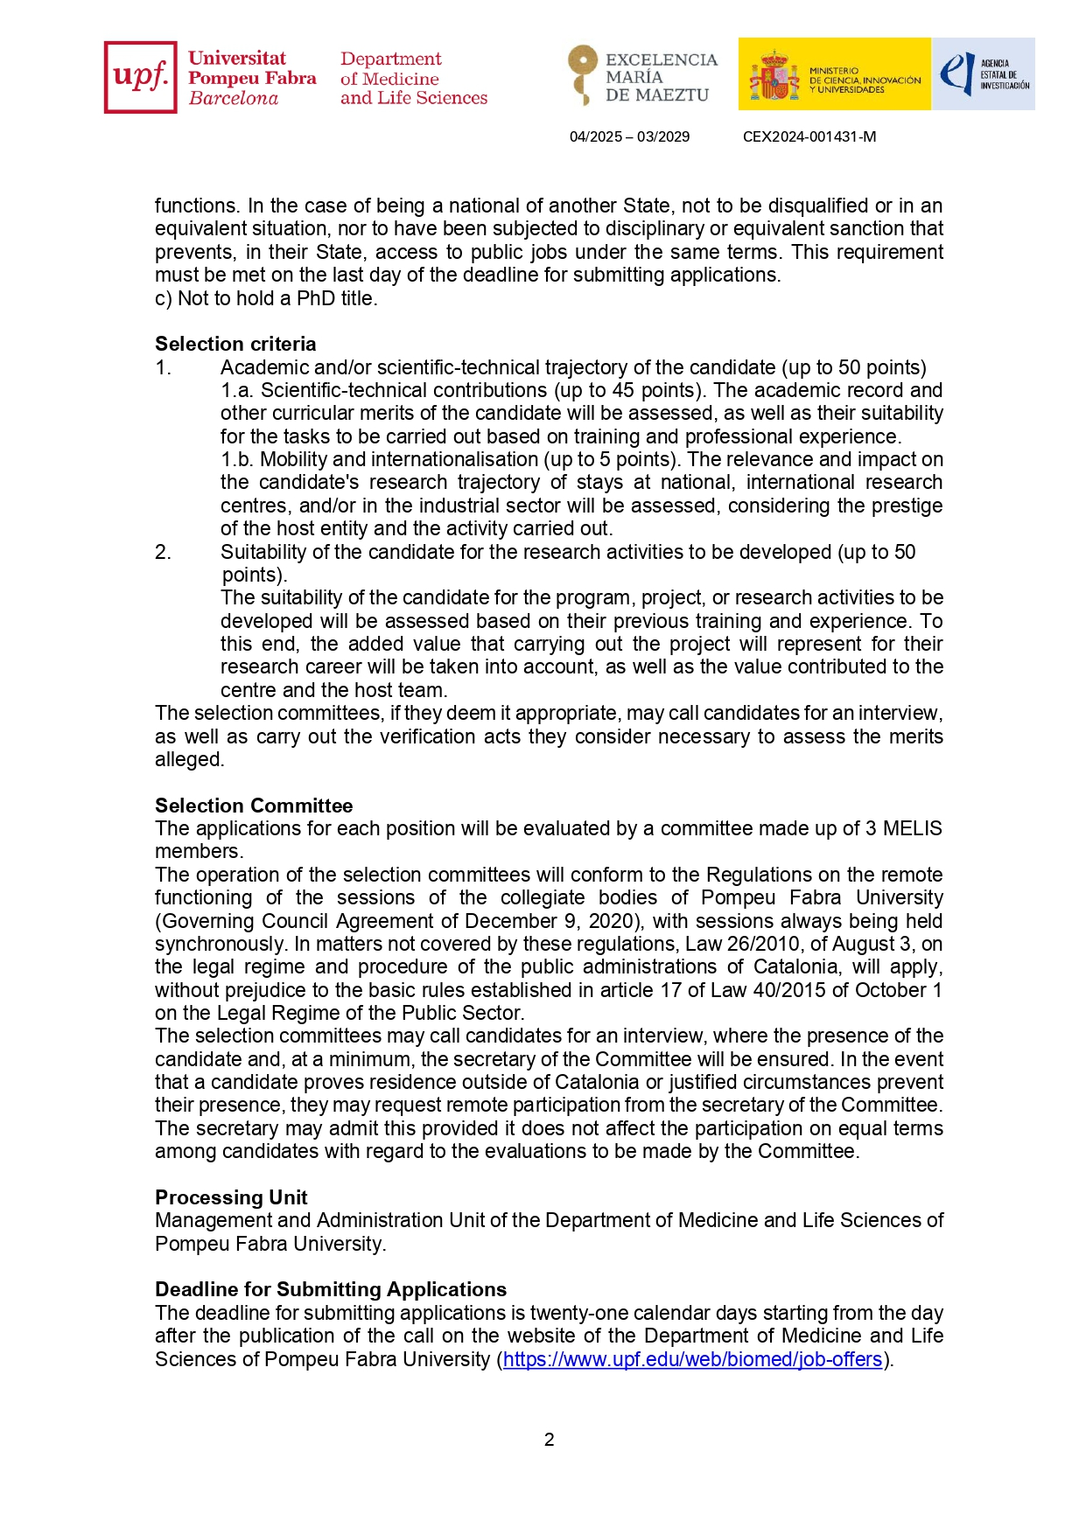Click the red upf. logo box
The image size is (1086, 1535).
140,77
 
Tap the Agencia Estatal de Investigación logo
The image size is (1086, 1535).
984,74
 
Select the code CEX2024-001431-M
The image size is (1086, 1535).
809,136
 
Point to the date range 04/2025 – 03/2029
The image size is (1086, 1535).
629,136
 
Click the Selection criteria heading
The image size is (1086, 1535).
235,344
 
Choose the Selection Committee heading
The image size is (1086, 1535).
254,806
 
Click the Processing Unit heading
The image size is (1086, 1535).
231,1197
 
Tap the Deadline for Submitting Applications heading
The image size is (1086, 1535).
331,1289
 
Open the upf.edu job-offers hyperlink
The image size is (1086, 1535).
692,1359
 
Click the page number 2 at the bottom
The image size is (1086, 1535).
549,1440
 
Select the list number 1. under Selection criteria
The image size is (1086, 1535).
163,367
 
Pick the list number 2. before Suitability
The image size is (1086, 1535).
163,552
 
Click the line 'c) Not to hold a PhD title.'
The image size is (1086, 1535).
266,298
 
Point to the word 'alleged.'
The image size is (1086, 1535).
190,759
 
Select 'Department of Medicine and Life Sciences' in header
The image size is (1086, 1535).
413,78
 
